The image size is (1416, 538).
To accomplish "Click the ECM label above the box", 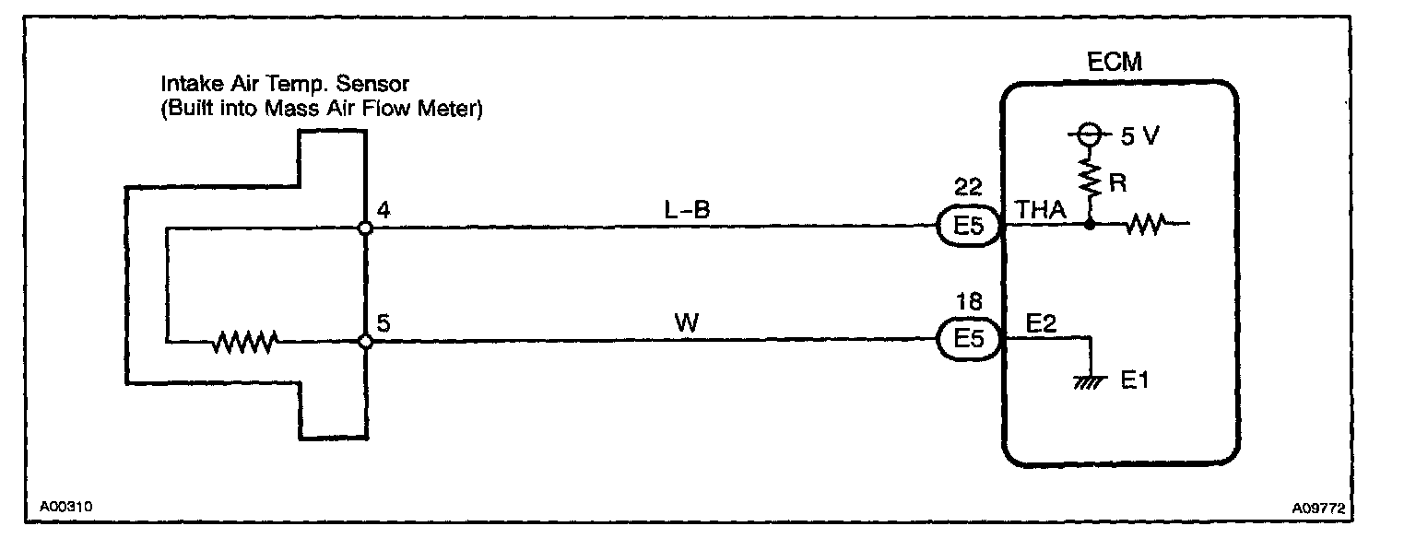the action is tap(1115, 63).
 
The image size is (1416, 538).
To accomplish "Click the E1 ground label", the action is tap(1136, 379).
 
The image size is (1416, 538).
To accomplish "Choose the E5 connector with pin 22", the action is tap(969, 227).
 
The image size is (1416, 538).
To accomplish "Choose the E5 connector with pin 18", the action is tap(969, 340).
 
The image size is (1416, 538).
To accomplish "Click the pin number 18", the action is tap(968, 302).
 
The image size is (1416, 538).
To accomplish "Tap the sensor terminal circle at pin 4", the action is tap(365, 228).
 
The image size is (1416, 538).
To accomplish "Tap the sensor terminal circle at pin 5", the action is tap(365, 342).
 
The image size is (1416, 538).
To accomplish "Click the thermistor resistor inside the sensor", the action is tap(244, 343).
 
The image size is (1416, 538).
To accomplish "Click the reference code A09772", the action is tap(1324, 508).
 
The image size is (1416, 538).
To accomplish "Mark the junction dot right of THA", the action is tap(1090, 224).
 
